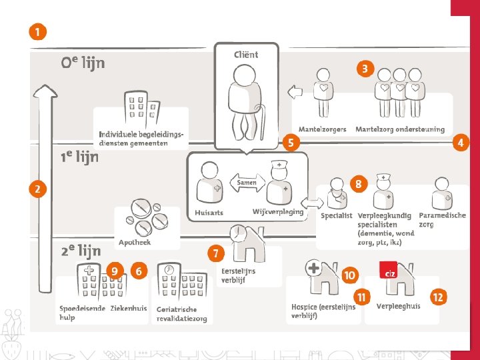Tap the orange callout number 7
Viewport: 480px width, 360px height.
tap(215, 253)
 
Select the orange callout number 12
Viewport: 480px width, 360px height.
tap(437, 297)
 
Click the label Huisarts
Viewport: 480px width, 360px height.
tap(209, 213)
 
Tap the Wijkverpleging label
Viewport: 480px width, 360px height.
tap(278, 211)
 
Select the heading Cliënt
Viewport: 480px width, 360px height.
tap(246, 55)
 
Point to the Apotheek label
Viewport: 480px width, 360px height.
tap(135, 242)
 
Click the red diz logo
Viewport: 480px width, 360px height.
tap(389, 271)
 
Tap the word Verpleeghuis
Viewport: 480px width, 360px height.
tap(398, 307)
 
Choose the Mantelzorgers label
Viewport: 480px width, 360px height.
tap(323, 129)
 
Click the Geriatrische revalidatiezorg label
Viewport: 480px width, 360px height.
tap(181, 314)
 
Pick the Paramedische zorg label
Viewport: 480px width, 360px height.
tap(442, 220)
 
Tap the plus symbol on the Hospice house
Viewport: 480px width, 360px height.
tap(313, 269)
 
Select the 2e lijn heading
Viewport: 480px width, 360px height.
tap(81, 251)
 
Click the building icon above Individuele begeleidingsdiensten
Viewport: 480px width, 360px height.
tap(141, 109)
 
